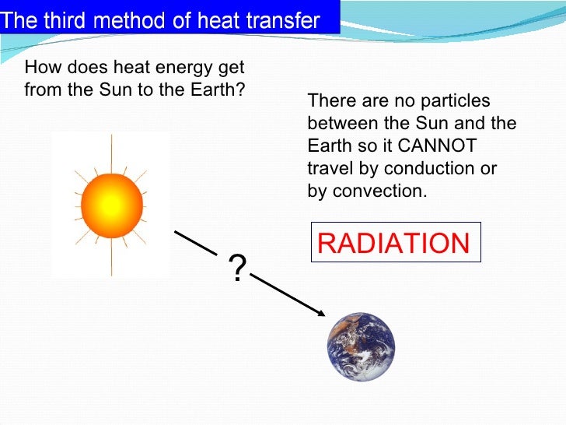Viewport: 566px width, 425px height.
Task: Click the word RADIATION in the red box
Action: coord(394,244)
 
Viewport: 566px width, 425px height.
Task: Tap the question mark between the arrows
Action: coord(237,269)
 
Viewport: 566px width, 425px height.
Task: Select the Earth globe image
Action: coord(361,346)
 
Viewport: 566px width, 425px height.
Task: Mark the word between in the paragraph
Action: coord(341,123)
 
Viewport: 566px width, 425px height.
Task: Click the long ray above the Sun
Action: coord(111,153)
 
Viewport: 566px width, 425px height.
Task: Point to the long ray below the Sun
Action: coord(111,257)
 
